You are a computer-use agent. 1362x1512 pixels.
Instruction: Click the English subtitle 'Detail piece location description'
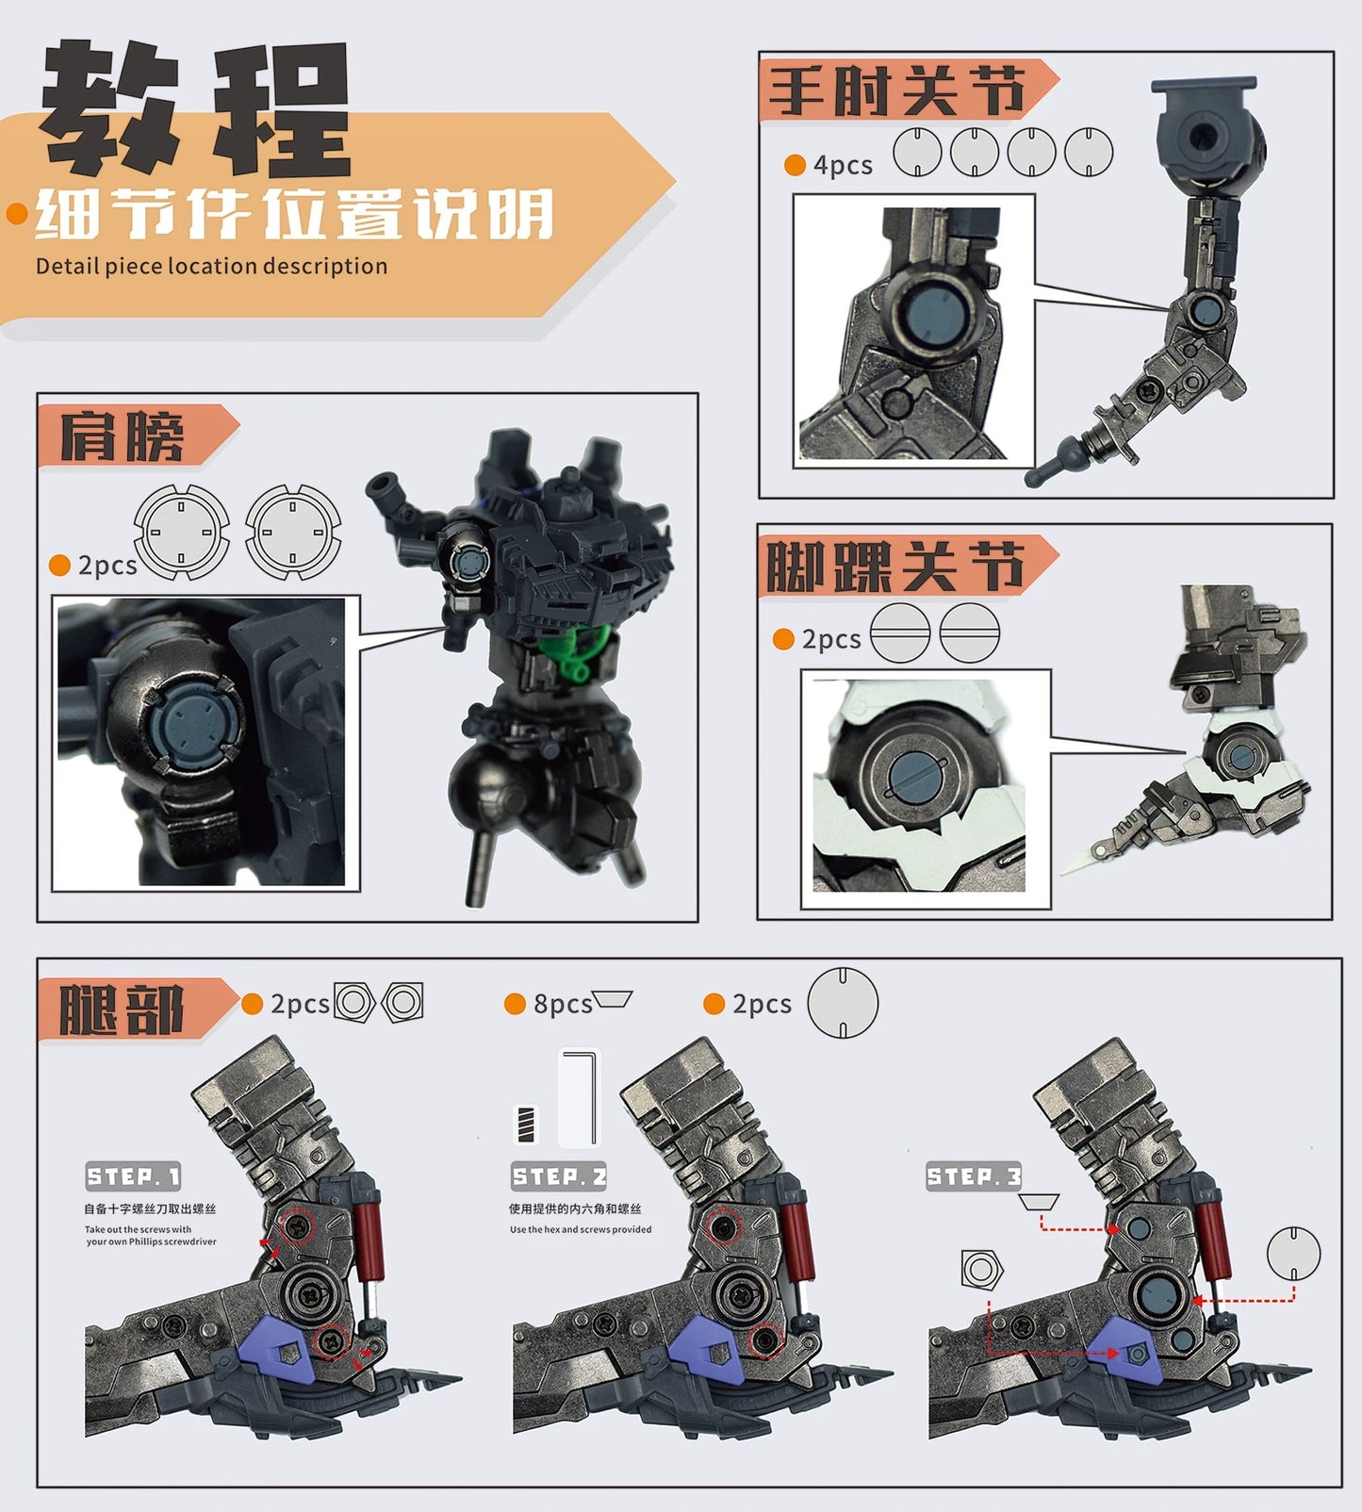click(x=211, y=266)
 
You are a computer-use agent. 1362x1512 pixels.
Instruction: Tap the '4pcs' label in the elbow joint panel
click(x=842, y=165)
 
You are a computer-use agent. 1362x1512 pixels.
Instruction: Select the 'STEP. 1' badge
click(x=133, y=1176)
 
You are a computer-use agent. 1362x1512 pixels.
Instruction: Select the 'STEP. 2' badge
click(x=559, y=1176)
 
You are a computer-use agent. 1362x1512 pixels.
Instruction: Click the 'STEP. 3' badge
click(x=974, y=1176)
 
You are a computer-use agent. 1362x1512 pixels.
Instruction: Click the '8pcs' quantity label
click(x=562, y=1004)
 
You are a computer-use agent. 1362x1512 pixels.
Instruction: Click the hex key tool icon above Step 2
click(x=580, y=1097)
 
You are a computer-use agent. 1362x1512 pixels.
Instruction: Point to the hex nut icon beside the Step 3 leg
click(x=981, y=1270)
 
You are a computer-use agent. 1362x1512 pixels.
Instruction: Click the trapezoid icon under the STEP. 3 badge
click(x=1039, y=1202)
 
